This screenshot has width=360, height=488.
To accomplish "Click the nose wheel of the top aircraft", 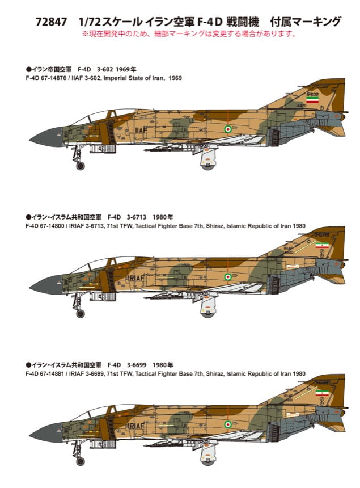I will [80, 166].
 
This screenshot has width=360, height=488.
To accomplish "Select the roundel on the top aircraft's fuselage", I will [228, 129].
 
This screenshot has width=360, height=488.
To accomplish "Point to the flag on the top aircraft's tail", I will [312, 98].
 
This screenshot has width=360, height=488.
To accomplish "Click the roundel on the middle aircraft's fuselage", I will [228, 277].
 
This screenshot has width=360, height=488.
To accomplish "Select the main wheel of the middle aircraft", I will [206, 311].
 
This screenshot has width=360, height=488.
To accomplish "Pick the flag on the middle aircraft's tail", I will [322, 245].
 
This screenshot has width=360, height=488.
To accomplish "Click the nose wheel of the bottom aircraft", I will [80, 461].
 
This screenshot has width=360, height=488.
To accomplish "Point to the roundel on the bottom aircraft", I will [228, 424].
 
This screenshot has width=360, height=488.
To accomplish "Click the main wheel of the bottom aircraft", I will [206, 458].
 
